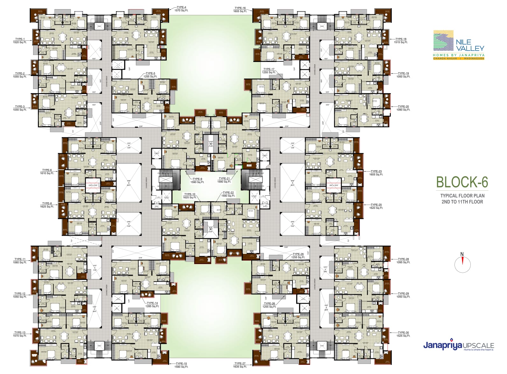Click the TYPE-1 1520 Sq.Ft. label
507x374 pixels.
click(x=20, y=41)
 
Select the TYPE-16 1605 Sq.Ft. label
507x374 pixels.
click(x=240, y=10)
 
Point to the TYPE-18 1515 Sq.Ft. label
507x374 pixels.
click(x=401, y=41)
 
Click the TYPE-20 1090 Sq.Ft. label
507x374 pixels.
click(x=403, y=108)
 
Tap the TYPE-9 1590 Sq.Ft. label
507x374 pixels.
click(x=197, y=180)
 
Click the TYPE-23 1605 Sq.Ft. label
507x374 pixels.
click(x=376, y=173)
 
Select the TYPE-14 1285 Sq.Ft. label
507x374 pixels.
click(x=152, y=305)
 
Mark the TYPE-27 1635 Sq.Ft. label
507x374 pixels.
click(x=240, y=365)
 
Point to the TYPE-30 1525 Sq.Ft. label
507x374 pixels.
click(x=403, y=334)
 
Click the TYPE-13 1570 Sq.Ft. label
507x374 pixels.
click(x=20, y=334)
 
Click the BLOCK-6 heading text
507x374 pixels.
click(x=462, y=182)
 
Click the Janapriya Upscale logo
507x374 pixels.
click(x=458, y=346)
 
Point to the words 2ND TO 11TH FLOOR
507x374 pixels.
click(x=462, y=202)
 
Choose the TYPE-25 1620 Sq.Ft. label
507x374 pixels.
click(x=376, y=206)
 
